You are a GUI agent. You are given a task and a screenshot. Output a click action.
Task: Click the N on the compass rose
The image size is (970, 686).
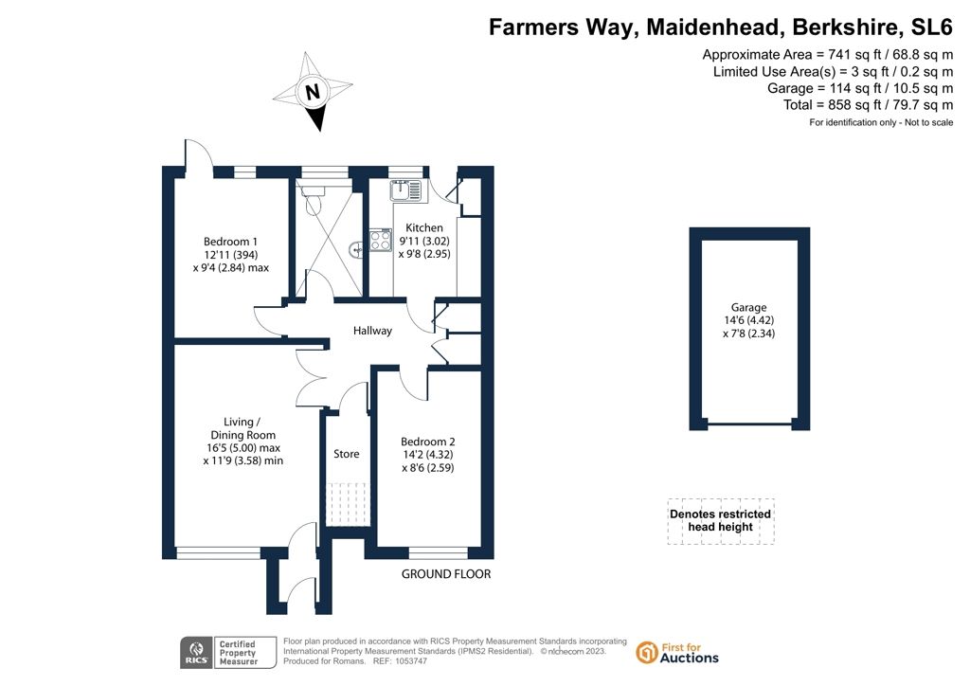pyautogui.click(x=313, y=92)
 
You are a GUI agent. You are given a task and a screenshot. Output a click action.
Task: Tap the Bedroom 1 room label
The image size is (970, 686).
pyautogui.click(x=230, y=242)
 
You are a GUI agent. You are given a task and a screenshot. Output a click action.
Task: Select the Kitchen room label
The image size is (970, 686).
pyautogui.click(x=423, y=227)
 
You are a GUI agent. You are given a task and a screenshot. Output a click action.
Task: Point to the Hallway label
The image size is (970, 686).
pyautogui.click(x=372, y=331)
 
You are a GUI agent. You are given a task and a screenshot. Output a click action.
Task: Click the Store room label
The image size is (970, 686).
pyautogui.click(x=347, y=454)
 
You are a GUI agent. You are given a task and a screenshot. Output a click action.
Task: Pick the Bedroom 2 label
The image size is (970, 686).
pyautogui.click(x=427, y=442)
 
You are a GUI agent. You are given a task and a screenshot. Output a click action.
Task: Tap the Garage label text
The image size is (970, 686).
pyautogui.click(x=748, y=307)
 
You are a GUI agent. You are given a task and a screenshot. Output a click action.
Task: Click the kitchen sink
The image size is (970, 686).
pyautogui.click(x=405, y=190)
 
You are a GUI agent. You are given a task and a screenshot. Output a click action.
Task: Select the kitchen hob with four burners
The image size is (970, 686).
pyautogui.click(x=381, y=241)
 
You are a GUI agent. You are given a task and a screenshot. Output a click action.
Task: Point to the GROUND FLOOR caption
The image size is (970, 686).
pyautogui.click(x=446, y=574)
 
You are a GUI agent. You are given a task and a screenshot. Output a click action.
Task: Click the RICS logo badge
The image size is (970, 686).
pyautogui.click(x=196, y=653)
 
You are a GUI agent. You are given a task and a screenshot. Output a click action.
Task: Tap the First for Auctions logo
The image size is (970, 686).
pyautogui.click(x=677, y=653)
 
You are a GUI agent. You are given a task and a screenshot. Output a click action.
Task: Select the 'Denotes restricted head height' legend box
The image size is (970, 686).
pyautogui.click(x=721, y=521)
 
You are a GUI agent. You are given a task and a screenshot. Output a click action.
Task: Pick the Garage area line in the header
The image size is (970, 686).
pyautogui.click(x=860, y=88)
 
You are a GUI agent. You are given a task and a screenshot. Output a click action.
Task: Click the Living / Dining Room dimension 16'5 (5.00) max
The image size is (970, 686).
pyautogui.click(x=243, y=448)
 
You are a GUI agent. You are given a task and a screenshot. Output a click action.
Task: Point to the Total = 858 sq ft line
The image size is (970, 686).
pyautogui.click(x=868, y=105)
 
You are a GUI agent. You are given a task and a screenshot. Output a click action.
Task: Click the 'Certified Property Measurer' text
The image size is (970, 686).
pyautogui.click(x=238, y=653)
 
